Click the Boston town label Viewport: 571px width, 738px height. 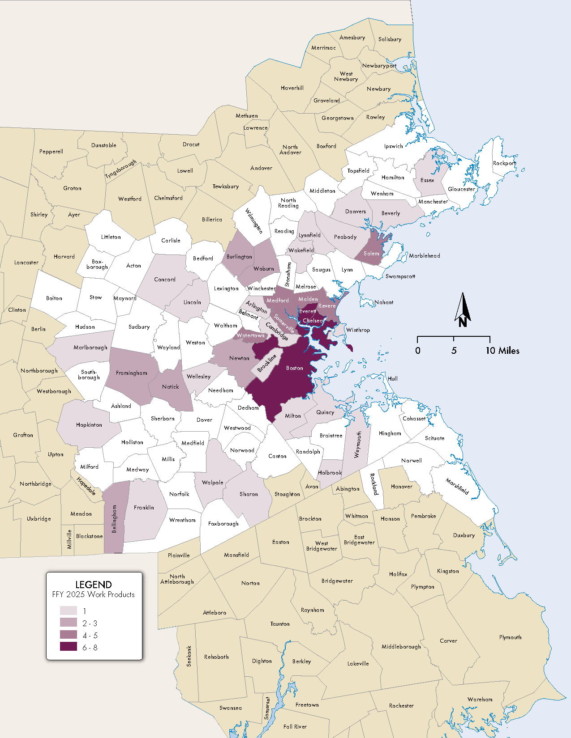tap(295, 368)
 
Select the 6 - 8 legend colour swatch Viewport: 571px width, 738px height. tap(69, 647)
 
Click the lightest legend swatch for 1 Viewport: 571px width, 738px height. tap(69, 611)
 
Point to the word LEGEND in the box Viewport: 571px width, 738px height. tap(94, 585)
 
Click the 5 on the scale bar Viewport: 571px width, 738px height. tap(454, 351)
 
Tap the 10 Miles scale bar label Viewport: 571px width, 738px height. tap(502, 351)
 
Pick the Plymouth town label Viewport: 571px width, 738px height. tap(510, 637)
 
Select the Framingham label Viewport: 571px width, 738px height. tap(131, 373)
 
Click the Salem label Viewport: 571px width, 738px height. tap(371, 254)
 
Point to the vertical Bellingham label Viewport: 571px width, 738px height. tap(114, 519)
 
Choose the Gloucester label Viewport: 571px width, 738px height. tap(461, 189)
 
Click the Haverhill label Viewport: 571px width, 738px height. tap(292, 88)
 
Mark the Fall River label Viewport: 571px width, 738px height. tap(295, 726)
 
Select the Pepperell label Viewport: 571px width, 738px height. tap(51, 152)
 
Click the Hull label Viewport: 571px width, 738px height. tap(393, 378)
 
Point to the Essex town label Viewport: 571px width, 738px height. tap(427, 180)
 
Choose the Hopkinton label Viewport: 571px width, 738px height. tap(89, 425)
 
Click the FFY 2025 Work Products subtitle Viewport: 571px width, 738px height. tap(94, 594)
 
